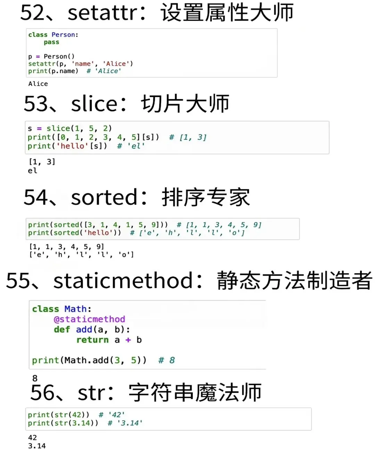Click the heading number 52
tap(32, 12)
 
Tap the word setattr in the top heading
tap(103, 12)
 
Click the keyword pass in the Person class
tap(51, 42)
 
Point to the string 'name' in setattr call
tap(83, 64)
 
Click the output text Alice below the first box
tap(38, 84)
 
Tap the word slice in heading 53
tap(94, 104)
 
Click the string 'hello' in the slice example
tap(73, 146)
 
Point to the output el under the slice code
tap(32, 171)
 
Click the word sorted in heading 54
tap(104, 197)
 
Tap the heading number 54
tap(35, 197)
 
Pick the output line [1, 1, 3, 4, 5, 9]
tap(66, 247)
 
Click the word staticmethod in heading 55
tap(123, 280)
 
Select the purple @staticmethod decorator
tap(89, 319)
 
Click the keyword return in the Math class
tap(92, 340)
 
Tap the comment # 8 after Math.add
tap(166, 361)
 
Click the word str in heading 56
tap(91, 393)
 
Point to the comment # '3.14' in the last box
tap(125, 423)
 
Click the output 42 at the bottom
tap(32, 438)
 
